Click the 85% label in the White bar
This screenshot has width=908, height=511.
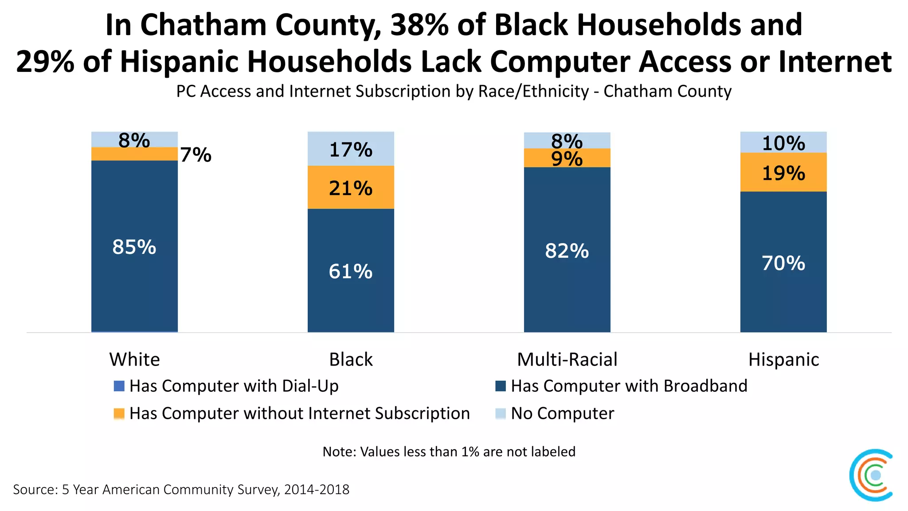(x=134, y=247)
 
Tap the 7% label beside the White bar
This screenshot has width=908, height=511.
(x=196, y=155)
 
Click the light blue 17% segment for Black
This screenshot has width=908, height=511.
(x=351, y=149)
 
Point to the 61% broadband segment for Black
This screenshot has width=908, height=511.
(x=351, y=271)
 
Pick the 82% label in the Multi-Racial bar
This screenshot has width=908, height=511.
(x=567, y=251)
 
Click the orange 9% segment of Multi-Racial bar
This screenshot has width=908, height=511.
(x=567, y=158)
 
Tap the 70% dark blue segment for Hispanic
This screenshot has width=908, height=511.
(x=783, y=263)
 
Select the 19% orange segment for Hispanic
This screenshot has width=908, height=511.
(x=783, y=173)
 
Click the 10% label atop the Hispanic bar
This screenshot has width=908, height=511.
(x=783, y=143)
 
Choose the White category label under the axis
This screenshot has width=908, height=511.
(x=134, y=359)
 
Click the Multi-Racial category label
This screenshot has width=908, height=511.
(x=567, y=359)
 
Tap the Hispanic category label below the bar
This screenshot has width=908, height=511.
(x=783, y=359)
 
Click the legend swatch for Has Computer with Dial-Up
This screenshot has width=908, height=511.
(x=119, y=386)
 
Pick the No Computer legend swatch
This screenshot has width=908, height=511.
(x=501, y=413)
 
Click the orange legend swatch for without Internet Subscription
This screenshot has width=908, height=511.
(x=119, y=413)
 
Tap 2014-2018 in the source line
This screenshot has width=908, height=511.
(x=317, y=490)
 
